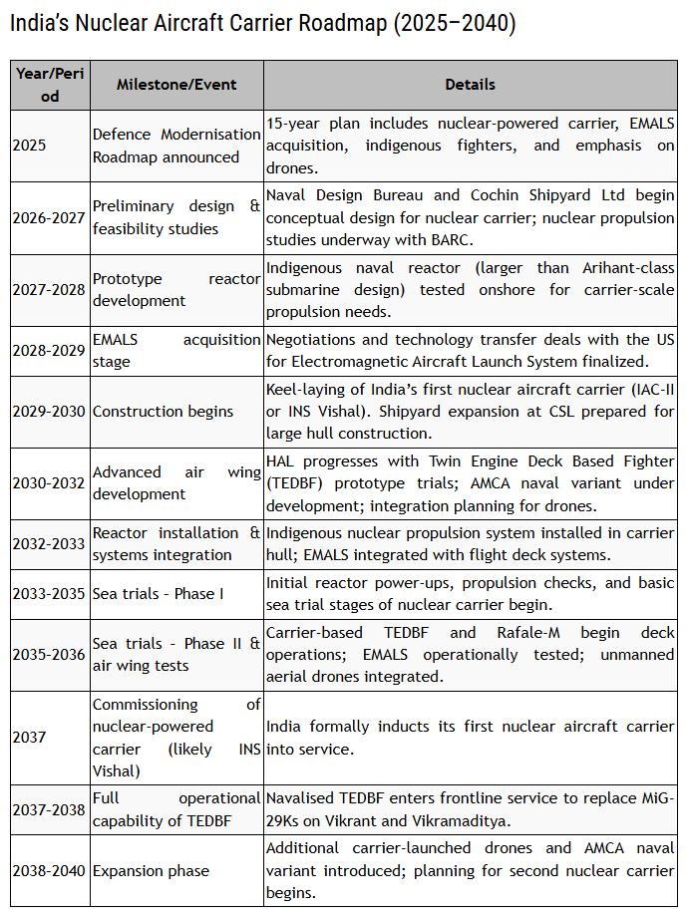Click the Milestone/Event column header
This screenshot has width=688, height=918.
tap(176, 85)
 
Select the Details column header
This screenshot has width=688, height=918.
tap(470, 85)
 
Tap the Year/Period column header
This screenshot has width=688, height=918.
tap(50, 85)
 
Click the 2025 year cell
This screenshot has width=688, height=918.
tap(29, 146)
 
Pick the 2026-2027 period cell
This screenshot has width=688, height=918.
tap(49, 217)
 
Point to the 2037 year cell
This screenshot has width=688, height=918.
tap(29, 738)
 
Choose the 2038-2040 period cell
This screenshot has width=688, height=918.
tap(49, 870)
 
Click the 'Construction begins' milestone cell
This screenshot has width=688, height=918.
tap(163, 411)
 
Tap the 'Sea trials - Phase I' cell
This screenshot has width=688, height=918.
tap(158, 594)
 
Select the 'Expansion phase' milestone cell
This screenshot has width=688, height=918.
tap(151, 870)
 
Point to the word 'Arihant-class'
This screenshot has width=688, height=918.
tap(627, 267)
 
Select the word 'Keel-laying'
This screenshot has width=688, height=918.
tap(305, 389)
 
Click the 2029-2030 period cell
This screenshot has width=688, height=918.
tap(49, 411)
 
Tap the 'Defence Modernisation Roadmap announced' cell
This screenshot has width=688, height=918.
tap(176, 146)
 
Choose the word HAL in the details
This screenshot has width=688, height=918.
tap(281, 460)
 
